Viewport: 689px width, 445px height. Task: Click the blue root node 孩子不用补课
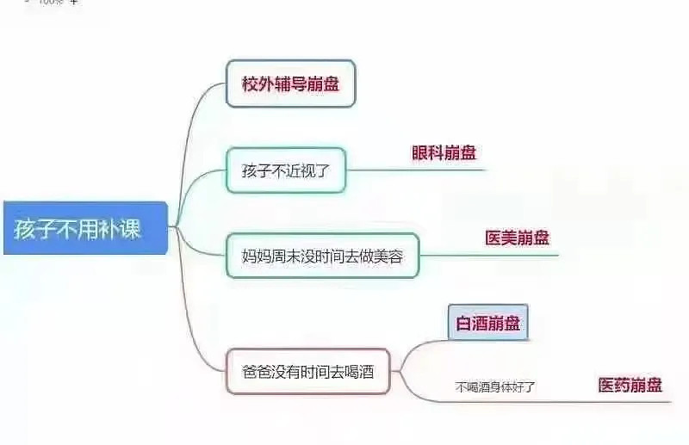85,228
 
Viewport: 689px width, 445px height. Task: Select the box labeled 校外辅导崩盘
290,83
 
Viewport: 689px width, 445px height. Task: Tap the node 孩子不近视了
286,170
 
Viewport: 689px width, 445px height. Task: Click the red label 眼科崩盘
444,153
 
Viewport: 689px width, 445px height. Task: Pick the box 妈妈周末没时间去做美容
322,256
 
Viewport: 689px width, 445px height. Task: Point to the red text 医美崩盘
518,238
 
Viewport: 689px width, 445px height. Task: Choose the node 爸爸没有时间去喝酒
308,372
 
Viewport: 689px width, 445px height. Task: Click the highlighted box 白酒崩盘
488,323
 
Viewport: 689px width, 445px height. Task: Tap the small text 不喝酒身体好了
495,387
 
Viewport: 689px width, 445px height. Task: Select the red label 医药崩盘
630,385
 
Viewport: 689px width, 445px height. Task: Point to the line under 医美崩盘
488,255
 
